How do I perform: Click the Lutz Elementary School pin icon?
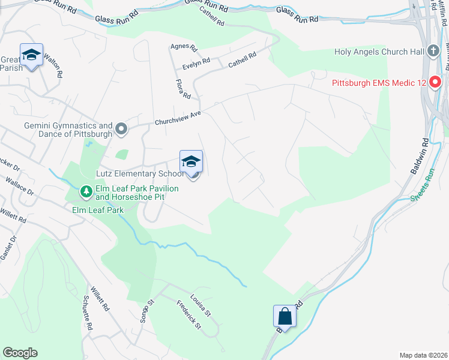191,162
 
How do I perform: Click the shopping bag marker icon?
284,316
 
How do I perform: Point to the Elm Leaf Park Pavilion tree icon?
86,192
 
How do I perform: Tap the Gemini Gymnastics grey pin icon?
122,129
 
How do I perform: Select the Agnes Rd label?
184,46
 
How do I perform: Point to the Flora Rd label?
183,89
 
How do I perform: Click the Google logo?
20,353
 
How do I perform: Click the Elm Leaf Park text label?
97,210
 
